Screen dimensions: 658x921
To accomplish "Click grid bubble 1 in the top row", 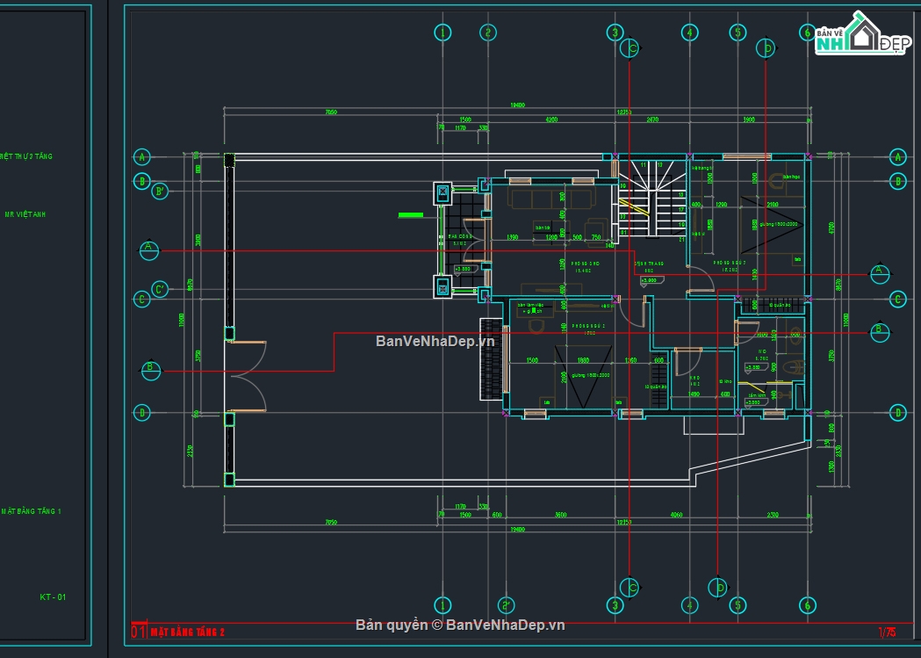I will (443, 33).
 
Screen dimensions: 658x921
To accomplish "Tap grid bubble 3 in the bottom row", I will (615, 605).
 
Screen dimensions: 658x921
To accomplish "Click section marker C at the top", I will (630, 49).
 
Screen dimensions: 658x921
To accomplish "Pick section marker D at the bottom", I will (718, 586).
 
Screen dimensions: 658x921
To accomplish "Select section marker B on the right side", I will (878, 332).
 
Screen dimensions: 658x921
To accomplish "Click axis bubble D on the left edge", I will (141, 411).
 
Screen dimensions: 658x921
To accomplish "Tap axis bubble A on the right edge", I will (897, 157).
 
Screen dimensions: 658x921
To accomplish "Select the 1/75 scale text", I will (887, 631).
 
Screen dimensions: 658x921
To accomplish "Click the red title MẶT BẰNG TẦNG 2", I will (188, 631).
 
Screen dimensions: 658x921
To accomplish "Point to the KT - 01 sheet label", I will (53, 597).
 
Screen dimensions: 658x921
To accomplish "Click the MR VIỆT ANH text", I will (25, 214).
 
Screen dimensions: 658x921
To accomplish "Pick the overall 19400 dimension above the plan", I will (517, 105).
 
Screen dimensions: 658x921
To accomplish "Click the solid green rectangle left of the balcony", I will (411, 214).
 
